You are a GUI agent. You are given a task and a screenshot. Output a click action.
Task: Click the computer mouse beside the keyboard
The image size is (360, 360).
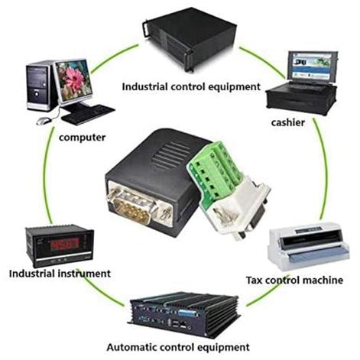pos(44,121)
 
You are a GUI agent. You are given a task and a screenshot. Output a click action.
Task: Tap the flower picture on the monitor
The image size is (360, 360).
pos(74,80)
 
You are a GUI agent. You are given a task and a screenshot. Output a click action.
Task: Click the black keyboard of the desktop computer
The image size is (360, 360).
pos(88,115)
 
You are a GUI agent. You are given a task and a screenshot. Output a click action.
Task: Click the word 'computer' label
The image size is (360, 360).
pos(82,138)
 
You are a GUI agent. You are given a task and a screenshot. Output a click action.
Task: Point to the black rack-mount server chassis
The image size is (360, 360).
pos(190,40)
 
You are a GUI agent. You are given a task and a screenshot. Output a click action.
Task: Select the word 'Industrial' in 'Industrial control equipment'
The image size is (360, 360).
pos(144,86)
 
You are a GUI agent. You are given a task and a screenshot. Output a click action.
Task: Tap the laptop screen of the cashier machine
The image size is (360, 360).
pos(312,66)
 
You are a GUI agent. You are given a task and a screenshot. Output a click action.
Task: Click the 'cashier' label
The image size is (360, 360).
pos(288,122)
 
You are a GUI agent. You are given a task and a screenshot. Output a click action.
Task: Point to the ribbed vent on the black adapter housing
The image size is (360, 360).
pos(170,156)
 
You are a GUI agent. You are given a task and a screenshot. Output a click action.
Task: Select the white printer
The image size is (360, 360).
pos(308,246)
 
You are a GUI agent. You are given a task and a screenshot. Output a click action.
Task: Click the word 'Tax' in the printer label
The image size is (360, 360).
pos(255,280)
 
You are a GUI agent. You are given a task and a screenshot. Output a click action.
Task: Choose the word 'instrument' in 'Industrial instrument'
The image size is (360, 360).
pos(85,274)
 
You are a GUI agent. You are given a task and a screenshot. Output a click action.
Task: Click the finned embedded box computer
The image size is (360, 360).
pos(183,314)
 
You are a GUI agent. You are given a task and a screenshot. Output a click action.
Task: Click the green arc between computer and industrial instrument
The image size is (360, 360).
pos(47,176)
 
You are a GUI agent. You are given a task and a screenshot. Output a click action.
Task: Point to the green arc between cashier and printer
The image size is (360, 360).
pos(324,170)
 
